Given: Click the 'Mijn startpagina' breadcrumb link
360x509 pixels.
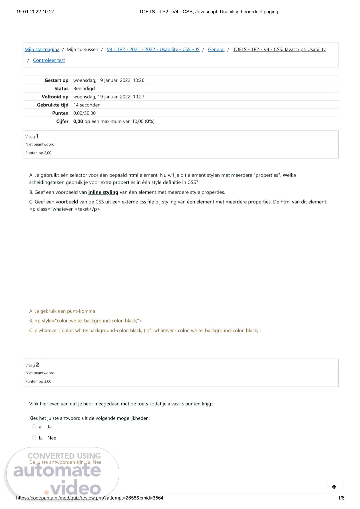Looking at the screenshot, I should click(x=42, y=49).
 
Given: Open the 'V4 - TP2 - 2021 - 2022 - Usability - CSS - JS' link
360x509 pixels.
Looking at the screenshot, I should click(x=153, y=49).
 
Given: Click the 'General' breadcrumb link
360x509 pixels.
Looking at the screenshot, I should click(x=216, y=49).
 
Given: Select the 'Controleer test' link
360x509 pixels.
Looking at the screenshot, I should click(x=49, y=60).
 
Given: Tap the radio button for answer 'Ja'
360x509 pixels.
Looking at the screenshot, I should click(x=34, y=427).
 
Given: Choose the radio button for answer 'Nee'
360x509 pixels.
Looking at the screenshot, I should click(x=34, y=438).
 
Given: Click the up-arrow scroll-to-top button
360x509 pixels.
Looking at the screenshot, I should click(x=334, y=487).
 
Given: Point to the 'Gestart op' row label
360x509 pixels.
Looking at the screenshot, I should click(x=56, y=80).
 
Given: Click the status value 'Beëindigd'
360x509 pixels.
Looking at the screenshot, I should click(x=84, y=88).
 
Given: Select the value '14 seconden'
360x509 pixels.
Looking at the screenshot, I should click(x=87, y=105).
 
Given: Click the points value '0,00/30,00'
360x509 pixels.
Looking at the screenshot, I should click(x=84, y=113).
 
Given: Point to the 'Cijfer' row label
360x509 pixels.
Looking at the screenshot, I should click(x=62, y=121).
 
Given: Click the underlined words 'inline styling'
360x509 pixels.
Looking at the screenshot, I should click(x=103, y=192).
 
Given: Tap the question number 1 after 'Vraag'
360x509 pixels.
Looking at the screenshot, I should click(x=38, y=136).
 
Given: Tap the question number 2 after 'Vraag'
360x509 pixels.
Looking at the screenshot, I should click(x=38, y=365).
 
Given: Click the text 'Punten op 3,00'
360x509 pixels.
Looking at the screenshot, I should click(x=38, y=381).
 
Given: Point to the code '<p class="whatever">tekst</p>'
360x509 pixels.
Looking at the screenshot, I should click(x=65, y=209).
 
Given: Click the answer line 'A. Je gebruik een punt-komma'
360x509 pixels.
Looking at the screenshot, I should click(x=62, y=311).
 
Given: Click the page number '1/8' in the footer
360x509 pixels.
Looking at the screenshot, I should click(x=341, y=498).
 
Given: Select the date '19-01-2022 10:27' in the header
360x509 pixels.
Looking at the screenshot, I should click(x=35, y=12).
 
